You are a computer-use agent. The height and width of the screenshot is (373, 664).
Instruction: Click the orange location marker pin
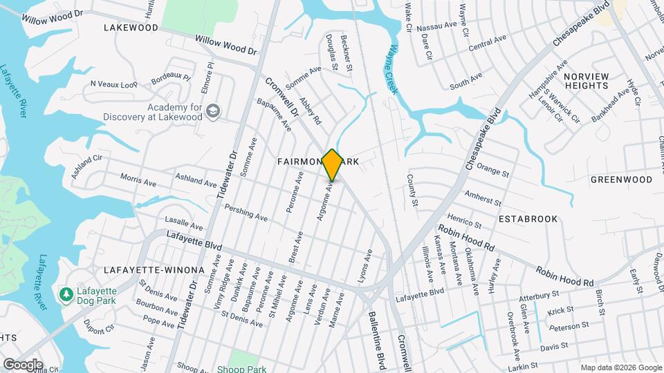(332, 164)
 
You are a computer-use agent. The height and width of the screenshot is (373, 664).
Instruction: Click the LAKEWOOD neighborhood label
(131, 28)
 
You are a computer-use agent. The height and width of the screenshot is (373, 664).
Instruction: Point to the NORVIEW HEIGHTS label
(586, 81)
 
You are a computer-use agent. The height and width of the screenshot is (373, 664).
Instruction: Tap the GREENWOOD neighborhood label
(621, 180)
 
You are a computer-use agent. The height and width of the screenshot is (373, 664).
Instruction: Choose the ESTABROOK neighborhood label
(528, 219)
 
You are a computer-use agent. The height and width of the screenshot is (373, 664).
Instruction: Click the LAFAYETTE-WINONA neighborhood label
(154, 269)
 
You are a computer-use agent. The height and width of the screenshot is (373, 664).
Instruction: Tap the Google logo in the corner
(23, 364)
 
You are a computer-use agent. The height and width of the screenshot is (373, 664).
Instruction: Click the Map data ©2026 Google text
(620, 367)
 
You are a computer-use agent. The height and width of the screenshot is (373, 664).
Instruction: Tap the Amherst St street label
(482, 198)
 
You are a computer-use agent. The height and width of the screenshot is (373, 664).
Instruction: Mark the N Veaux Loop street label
(114, 84)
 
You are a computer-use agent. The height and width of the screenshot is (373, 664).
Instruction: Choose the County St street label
(412, 191)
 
